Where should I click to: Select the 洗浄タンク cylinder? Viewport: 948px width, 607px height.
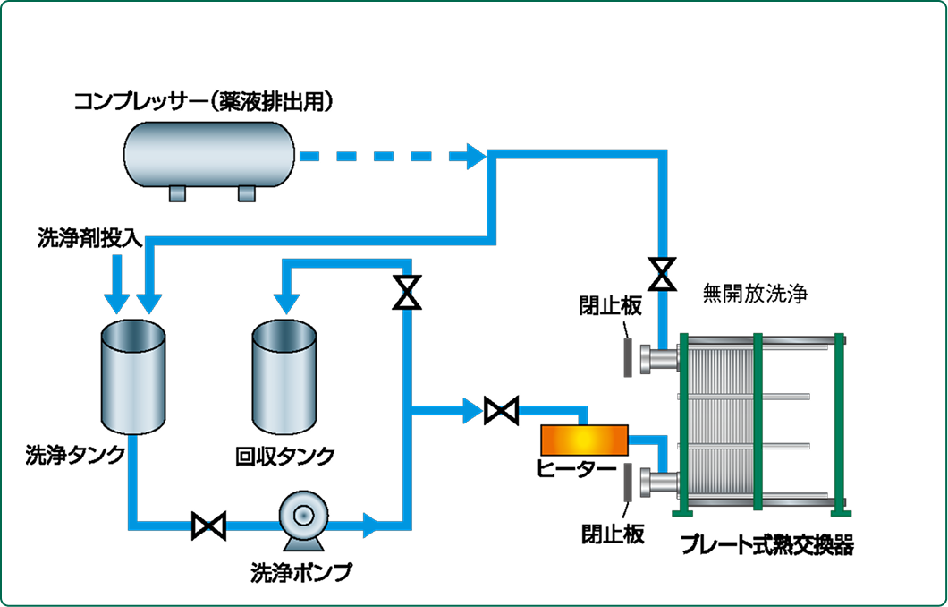pyautogui.click(x=132, y=376)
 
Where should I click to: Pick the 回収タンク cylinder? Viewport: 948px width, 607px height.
pyautogui.click(x=284, y=376)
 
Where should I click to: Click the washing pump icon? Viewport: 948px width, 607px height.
pyautogui.click(x=303, y=519)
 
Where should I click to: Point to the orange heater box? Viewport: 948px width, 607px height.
pyautogui.click(x=584, y=440)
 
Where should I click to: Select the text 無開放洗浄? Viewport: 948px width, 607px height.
pyautogui.click(x=755, y=294)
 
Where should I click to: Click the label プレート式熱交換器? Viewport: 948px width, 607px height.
pyautogui.click(x=766, y=545)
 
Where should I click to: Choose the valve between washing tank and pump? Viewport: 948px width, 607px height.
pyautogui.click(x=208, y=525)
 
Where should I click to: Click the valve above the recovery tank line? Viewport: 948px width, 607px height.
pyautogui.click(x=407, y=292)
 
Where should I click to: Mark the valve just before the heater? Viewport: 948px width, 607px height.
pyautogui.click(x=500, y=411)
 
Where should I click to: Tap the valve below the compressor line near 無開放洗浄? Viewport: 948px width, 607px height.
pyautogui.click(x=662, y=273)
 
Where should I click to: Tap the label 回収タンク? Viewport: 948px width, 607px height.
pyautogui.click(x=284, y=457)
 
